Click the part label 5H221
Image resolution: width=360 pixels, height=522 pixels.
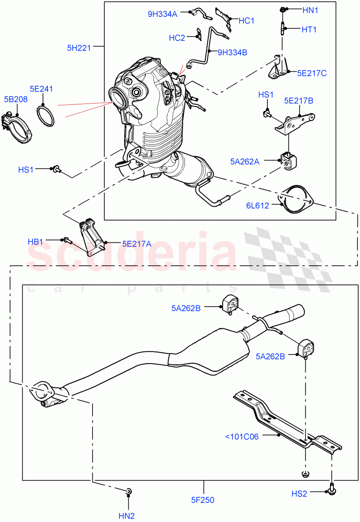[79, 48]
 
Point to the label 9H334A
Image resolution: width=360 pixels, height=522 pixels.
[162, 14]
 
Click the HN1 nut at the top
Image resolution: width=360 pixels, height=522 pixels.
[282, 9]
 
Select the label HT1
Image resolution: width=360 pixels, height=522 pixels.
[309, 30]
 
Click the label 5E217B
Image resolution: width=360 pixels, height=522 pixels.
[299, 101]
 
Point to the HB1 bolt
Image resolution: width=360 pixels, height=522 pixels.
[66, 239]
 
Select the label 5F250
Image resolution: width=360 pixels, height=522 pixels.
[203, 500]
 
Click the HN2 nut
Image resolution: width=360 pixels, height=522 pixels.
[129, 492]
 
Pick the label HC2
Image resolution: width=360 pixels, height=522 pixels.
[177, 38]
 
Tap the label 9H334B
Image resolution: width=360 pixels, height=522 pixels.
[232, 53]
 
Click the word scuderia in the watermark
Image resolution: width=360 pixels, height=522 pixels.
[130, 252]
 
